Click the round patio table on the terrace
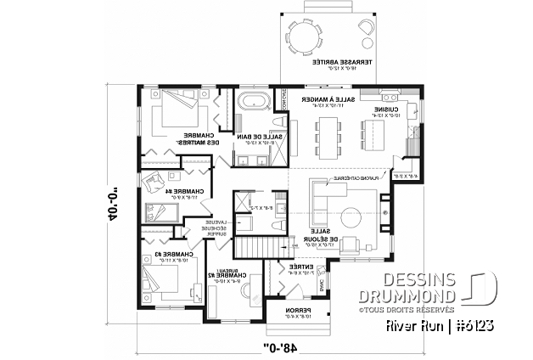tap(303, 36)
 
